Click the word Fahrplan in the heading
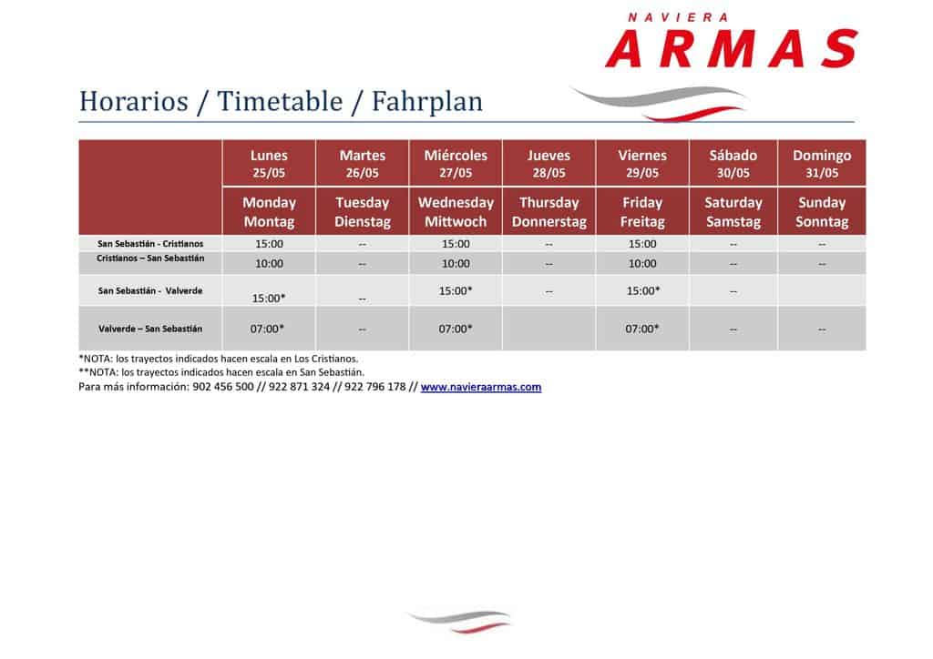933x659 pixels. (427, 101)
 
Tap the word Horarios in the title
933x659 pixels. (134, 101)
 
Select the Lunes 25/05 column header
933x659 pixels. (269, 164)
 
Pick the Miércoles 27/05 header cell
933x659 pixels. (456, 164)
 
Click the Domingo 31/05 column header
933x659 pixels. (822, 164)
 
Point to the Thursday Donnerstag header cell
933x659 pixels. (549, 211)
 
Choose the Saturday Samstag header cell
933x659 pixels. (733, 211)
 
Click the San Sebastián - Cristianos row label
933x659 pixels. (150, 244)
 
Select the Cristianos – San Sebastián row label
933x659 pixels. (150, 258)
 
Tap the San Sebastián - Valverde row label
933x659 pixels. (150, 290)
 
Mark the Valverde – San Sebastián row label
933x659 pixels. (150, 329)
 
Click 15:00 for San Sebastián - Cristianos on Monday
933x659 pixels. (269, 244)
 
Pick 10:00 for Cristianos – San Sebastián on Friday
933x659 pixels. (642, 263)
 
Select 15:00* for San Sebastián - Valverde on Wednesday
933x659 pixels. (456, 290)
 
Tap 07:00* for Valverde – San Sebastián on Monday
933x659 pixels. (267, 329)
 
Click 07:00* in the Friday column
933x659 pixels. (642, 329)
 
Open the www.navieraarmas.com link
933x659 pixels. (481, 387)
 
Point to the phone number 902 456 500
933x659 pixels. (223, 387)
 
